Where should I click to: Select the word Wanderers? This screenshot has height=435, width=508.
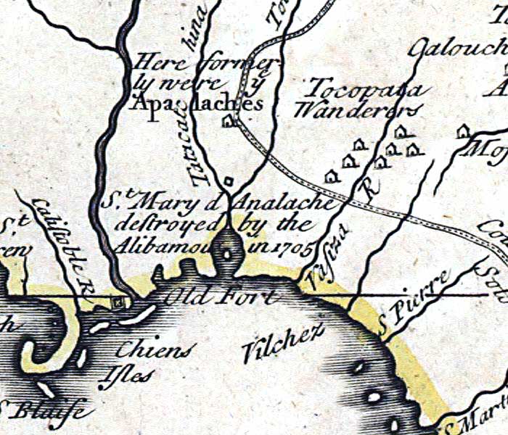click(x=358, y=111)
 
